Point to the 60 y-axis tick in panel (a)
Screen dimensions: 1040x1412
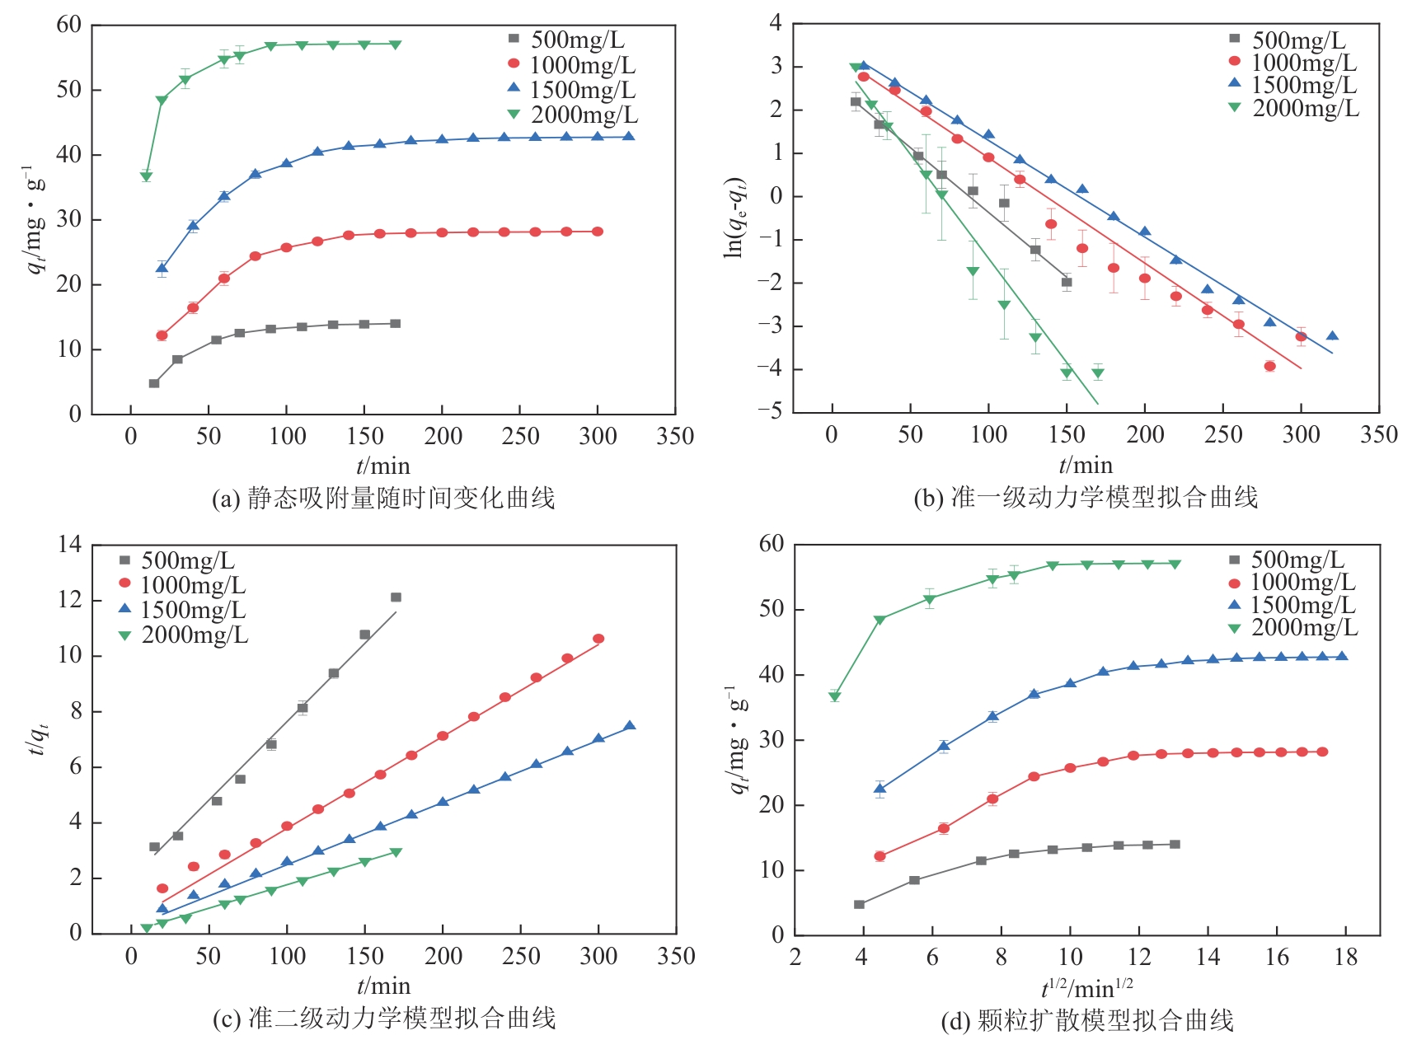68,25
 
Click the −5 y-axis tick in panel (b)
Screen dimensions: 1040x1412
774,411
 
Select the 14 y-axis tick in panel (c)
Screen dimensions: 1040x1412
70,545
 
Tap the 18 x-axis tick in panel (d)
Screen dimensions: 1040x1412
1345,957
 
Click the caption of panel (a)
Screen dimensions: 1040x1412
383,499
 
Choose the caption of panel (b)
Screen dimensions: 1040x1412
1086,498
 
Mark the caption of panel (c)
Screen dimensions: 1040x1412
384,1019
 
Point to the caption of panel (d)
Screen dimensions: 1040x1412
1087,1021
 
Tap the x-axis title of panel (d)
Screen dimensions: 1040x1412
1086,986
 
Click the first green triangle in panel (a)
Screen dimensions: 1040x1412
146,176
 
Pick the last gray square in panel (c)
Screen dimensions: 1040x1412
396,597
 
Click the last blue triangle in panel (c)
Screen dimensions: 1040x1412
629,726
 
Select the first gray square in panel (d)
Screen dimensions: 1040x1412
859,905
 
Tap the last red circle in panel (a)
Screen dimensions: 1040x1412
598,232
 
